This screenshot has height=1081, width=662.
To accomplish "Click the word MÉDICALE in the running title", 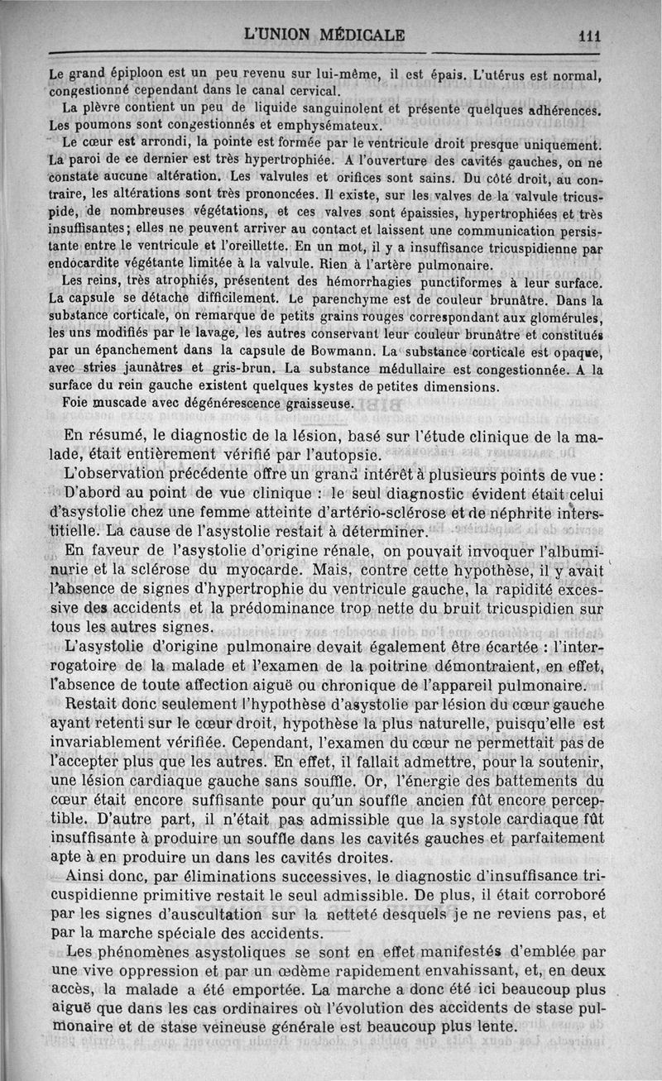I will tap(359, 35).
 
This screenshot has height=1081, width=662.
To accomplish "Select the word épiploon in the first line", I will tap(127, 74).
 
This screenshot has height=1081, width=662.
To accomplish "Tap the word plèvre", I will tap(97, 108).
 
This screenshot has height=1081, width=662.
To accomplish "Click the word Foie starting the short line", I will tap(76, 403).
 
